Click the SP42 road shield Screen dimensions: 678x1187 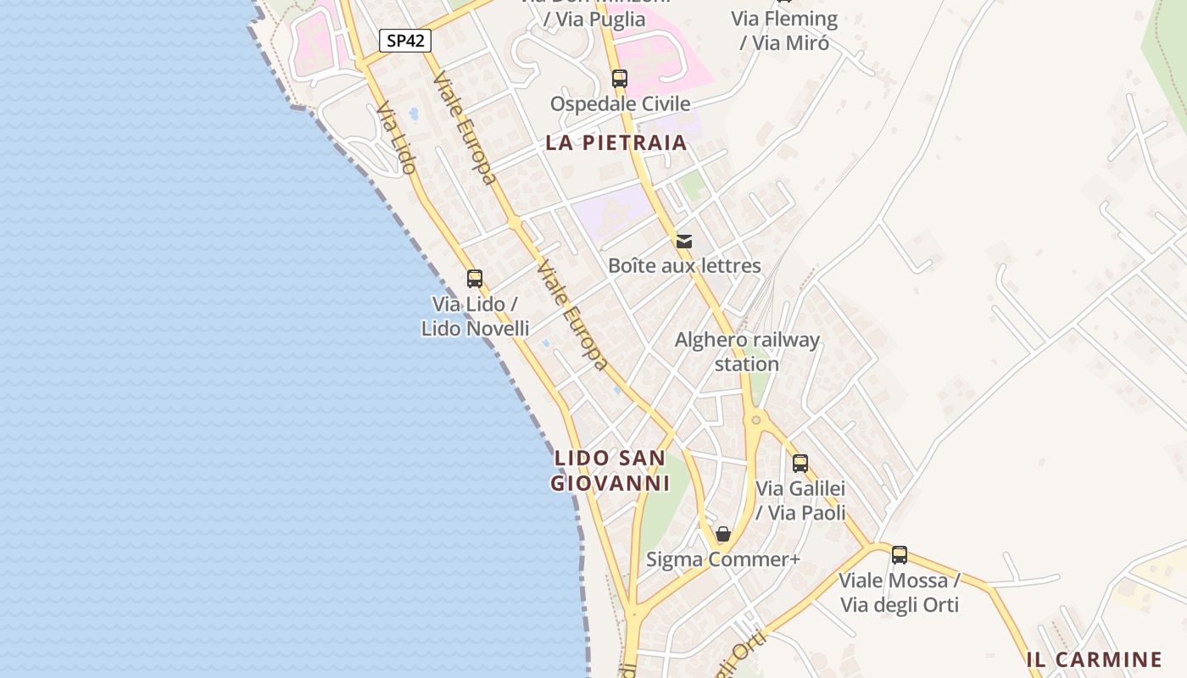pos(404,41)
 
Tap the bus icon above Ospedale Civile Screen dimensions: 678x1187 pos(620,79)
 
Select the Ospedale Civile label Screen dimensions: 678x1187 pos(620,104)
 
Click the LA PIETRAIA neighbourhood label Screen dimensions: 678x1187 pos(616,142)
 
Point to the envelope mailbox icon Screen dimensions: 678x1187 pos(684,242)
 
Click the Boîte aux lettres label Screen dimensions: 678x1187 pos(684,266)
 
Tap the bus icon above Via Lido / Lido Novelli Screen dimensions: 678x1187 pos(475,278)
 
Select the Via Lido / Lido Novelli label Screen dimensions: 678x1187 pos(475,316)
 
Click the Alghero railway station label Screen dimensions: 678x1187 pos(747,352)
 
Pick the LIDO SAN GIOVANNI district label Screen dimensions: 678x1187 pos(610,470)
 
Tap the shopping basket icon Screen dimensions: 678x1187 pos(723,534)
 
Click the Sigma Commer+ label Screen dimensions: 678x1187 pos(723,559)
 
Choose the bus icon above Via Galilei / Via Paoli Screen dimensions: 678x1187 pos(800,464)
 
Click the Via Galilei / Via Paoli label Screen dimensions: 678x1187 pos(800,501)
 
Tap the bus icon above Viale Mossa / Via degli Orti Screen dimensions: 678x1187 pos(900,555)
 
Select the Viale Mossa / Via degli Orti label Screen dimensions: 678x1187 pos(900,592)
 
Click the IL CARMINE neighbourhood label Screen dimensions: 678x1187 pos(1094,659)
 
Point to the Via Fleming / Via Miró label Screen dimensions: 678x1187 pos(784,31)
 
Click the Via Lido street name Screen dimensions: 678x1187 pos(397,138)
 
